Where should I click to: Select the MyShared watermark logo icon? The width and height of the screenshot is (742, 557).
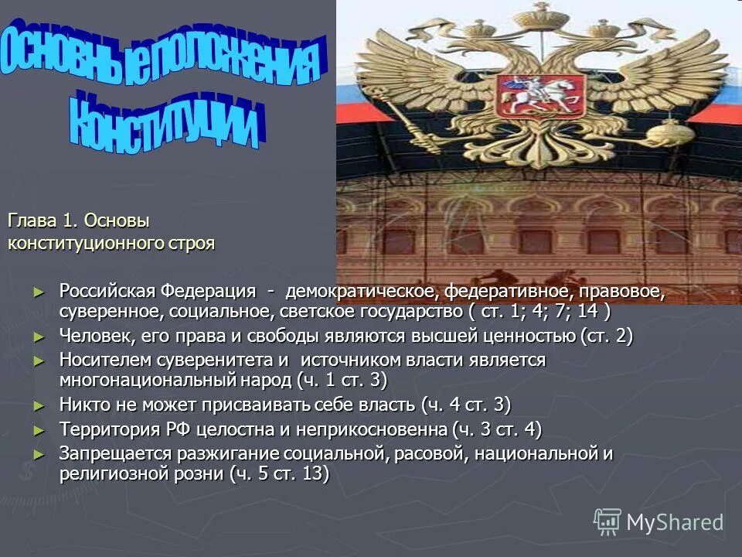[x=608, y=522]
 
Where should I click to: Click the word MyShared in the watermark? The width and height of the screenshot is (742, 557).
[x=675, y=523]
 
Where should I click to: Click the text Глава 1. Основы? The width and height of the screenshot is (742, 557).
[x=78, y=221]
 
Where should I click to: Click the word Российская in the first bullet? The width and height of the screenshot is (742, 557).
[x=107, y=292]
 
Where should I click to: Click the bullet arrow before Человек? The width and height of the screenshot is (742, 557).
[x=41, y=337]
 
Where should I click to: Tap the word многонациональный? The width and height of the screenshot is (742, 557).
[x=148, y=381]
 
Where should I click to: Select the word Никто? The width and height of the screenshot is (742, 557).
[x=83, y=405]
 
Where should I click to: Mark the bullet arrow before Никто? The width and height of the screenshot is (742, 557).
[x=41, y=405]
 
